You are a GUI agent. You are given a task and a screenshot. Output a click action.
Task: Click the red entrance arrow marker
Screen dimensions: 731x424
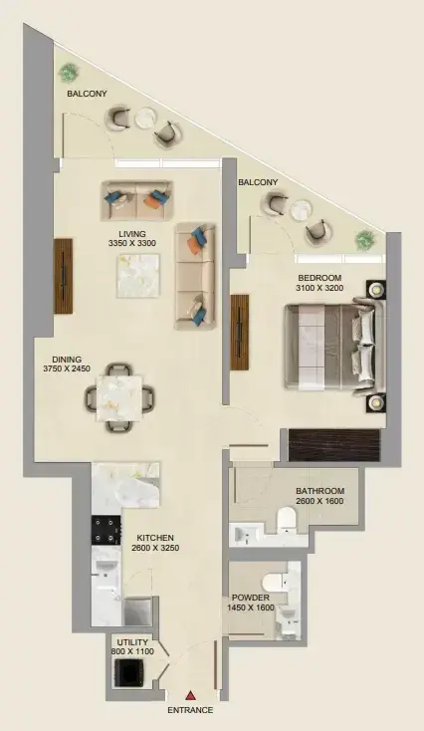point(190,694)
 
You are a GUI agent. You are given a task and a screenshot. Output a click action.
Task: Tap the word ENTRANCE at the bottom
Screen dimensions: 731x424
point(190,710)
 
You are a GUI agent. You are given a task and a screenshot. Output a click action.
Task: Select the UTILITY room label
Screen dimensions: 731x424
point(132,641)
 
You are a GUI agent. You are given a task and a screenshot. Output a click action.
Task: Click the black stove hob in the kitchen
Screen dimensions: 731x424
point(105,530)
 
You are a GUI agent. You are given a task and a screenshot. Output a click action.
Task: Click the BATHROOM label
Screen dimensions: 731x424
point(320,491)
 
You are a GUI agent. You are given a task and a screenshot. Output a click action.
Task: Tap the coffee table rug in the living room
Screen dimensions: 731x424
point(138,274)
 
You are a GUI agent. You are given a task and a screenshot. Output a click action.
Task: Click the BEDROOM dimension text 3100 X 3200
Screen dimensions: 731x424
point(318,288)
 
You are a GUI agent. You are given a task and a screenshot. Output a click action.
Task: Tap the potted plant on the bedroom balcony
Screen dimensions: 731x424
point(364,239)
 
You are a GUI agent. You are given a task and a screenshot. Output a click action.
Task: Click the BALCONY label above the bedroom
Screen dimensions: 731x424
point(258,182)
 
